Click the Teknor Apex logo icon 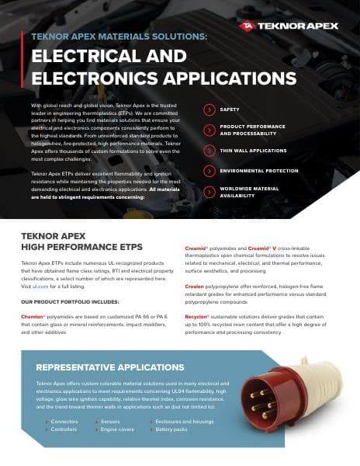coord(247,26)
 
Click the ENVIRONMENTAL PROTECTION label coord(259,170)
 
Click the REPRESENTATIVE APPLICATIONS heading coord(110,367)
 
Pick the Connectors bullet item coord(64,422)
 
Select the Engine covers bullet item coord(118,429)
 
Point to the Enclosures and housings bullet coord(184,422)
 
